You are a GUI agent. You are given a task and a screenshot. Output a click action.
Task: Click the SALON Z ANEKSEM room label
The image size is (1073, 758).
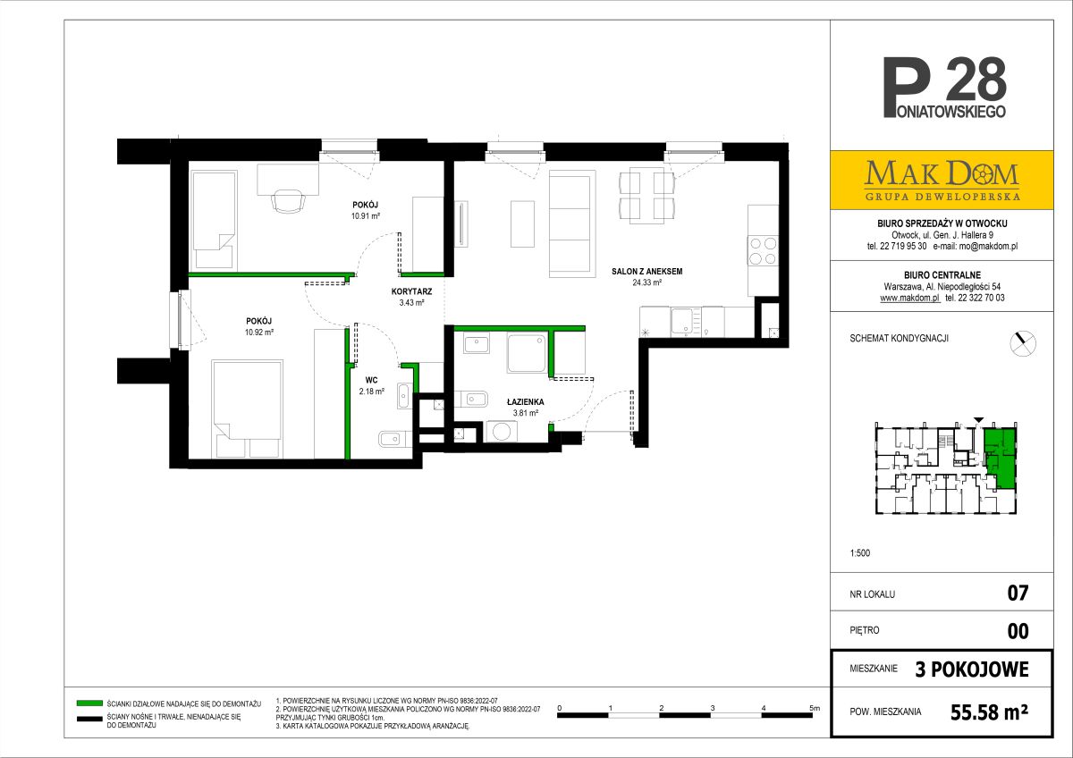click(646, 272)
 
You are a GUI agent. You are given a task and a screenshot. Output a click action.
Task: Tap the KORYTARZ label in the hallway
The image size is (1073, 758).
click(411, 291)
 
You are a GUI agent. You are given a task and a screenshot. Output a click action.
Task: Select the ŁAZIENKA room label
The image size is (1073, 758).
click(526, 401)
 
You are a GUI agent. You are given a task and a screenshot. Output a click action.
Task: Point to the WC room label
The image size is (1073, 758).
click(371, 380)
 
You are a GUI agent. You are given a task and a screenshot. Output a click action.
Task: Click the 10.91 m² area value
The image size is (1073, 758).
click(366, 216)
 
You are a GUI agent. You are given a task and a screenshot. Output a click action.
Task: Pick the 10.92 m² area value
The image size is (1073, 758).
click(259, 332)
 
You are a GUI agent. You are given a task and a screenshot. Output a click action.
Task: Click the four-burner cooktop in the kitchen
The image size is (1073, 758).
click(763, 251)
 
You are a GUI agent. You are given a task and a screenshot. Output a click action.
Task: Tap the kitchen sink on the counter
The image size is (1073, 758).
click(682, 321)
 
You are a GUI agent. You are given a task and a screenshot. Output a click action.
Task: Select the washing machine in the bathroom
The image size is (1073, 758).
click(502, 431)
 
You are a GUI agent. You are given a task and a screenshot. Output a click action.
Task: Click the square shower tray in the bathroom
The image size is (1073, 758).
click(527, 353)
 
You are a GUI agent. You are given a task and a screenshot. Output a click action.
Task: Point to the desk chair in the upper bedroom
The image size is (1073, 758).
click(288, 200)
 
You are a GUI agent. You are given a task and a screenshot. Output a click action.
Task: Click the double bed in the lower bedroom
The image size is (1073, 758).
click(247, 409)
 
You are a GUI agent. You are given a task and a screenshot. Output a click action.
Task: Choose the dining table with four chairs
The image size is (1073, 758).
click(646, 196)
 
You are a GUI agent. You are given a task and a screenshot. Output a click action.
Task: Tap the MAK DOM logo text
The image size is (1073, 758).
click(942, 174)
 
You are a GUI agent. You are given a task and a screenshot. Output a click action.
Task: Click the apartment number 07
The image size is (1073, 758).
click(1018, 593)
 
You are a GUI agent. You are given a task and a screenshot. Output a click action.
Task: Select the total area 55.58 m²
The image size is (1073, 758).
click(989, 712)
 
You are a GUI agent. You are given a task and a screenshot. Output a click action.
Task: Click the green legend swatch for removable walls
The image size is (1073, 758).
click(89, 703)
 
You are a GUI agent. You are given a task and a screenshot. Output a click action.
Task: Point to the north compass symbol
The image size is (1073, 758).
click(1023, 343)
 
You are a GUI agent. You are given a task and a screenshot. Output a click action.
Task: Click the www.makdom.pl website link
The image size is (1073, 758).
click(909, 298)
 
